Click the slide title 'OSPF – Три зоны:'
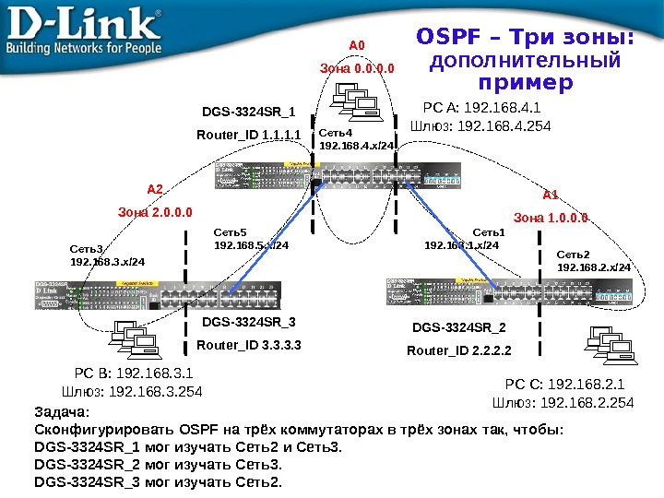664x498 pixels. point(526,38)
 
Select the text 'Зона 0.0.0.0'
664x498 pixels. point(357,68)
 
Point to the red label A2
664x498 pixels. point(155,189)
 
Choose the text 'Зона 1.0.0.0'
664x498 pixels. point(551,218)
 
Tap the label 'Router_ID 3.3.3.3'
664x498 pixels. point(250,346)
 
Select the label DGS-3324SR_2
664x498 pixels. point(459,327)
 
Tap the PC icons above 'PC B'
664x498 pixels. point(135,339)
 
